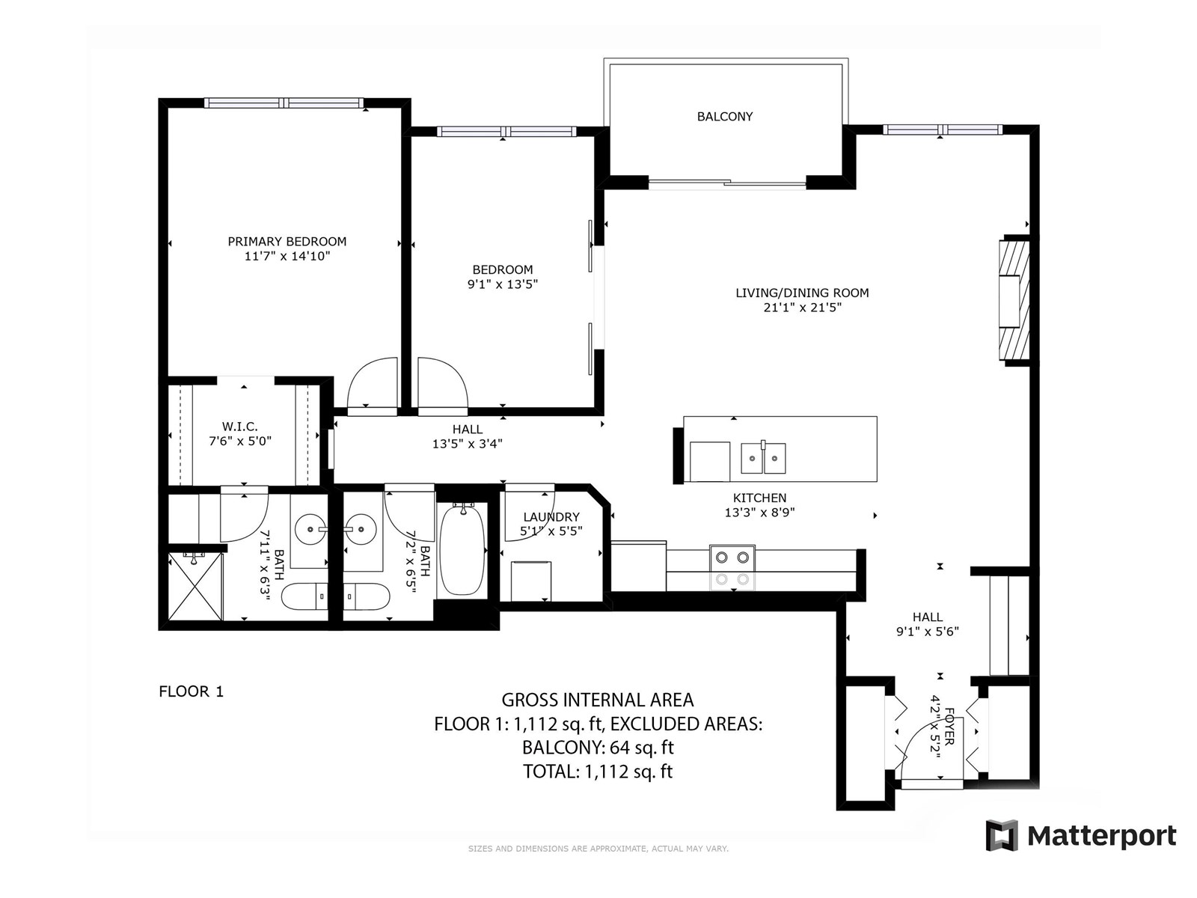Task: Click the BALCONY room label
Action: point(725,116)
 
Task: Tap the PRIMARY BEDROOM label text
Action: point(287,241)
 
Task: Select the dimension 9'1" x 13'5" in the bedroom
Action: point(502,284)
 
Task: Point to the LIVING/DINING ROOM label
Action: point(802,293)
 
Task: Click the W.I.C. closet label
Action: point(240,427)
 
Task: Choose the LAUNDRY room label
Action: point(551,517)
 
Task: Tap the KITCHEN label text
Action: point(759,498)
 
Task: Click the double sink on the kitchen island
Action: point(764,458)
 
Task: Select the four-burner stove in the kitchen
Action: point(732,567)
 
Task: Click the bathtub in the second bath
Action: point(462,549)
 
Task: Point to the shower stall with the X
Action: point(196,586)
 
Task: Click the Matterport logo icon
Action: point(1002,835)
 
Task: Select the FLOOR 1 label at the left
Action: point(192,691)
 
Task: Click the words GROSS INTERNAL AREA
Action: point(598,700)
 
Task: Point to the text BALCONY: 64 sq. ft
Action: point(598,747)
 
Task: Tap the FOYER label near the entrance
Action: point(949,727)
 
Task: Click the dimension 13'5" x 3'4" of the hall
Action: point(468,444)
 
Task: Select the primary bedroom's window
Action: point(284,103)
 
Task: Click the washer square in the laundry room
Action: point(530,581)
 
